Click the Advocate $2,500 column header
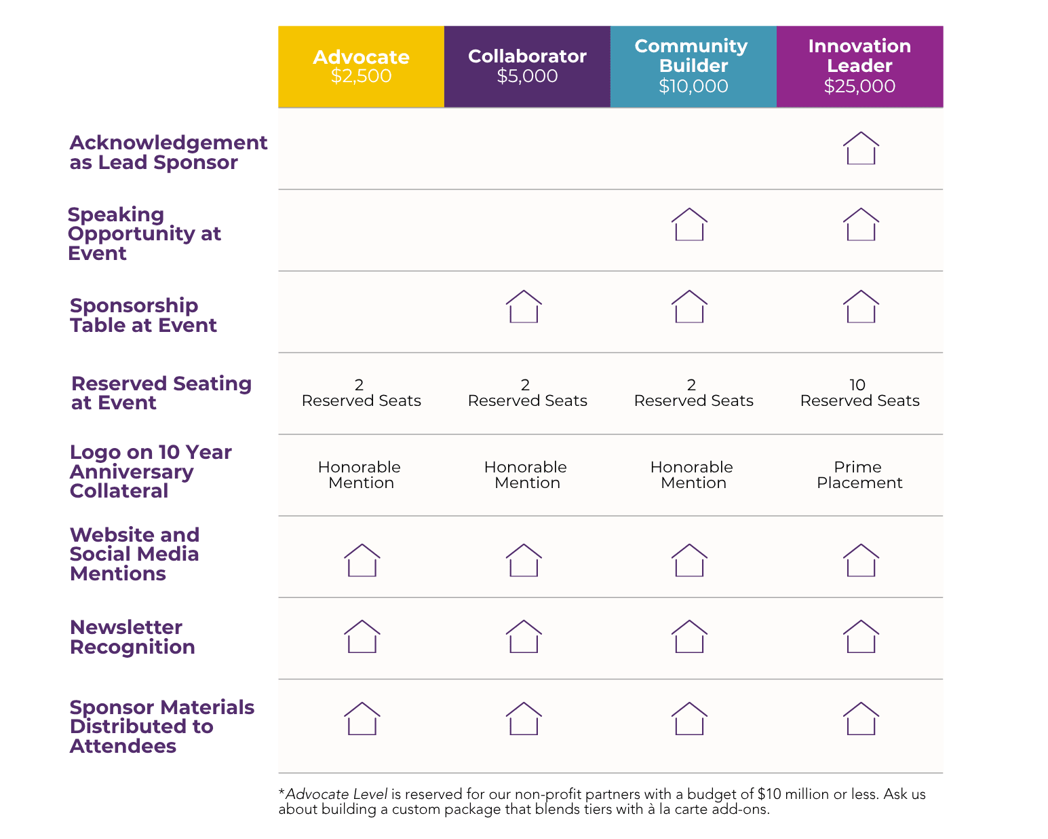click(361, 67)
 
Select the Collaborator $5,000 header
click(527, 67)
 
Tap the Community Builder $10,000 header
click(693, 67)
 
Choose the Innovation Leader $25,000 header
click(859, 67)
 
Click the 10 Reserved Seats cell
click(859, 392)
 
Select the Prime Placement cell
click(859, 474)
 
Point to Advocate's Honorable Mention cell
click(360, 474)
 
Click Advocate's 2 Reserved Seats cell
click(361, 392)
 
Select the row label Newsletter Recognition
click(132, 637)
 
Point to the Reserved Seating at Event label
click(161, 393)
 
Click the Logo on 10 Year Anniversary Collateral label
click(151, 471)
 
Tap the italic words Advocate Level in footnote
click(336, 794)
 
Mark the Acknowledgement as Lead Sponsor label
click(168, 152)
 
